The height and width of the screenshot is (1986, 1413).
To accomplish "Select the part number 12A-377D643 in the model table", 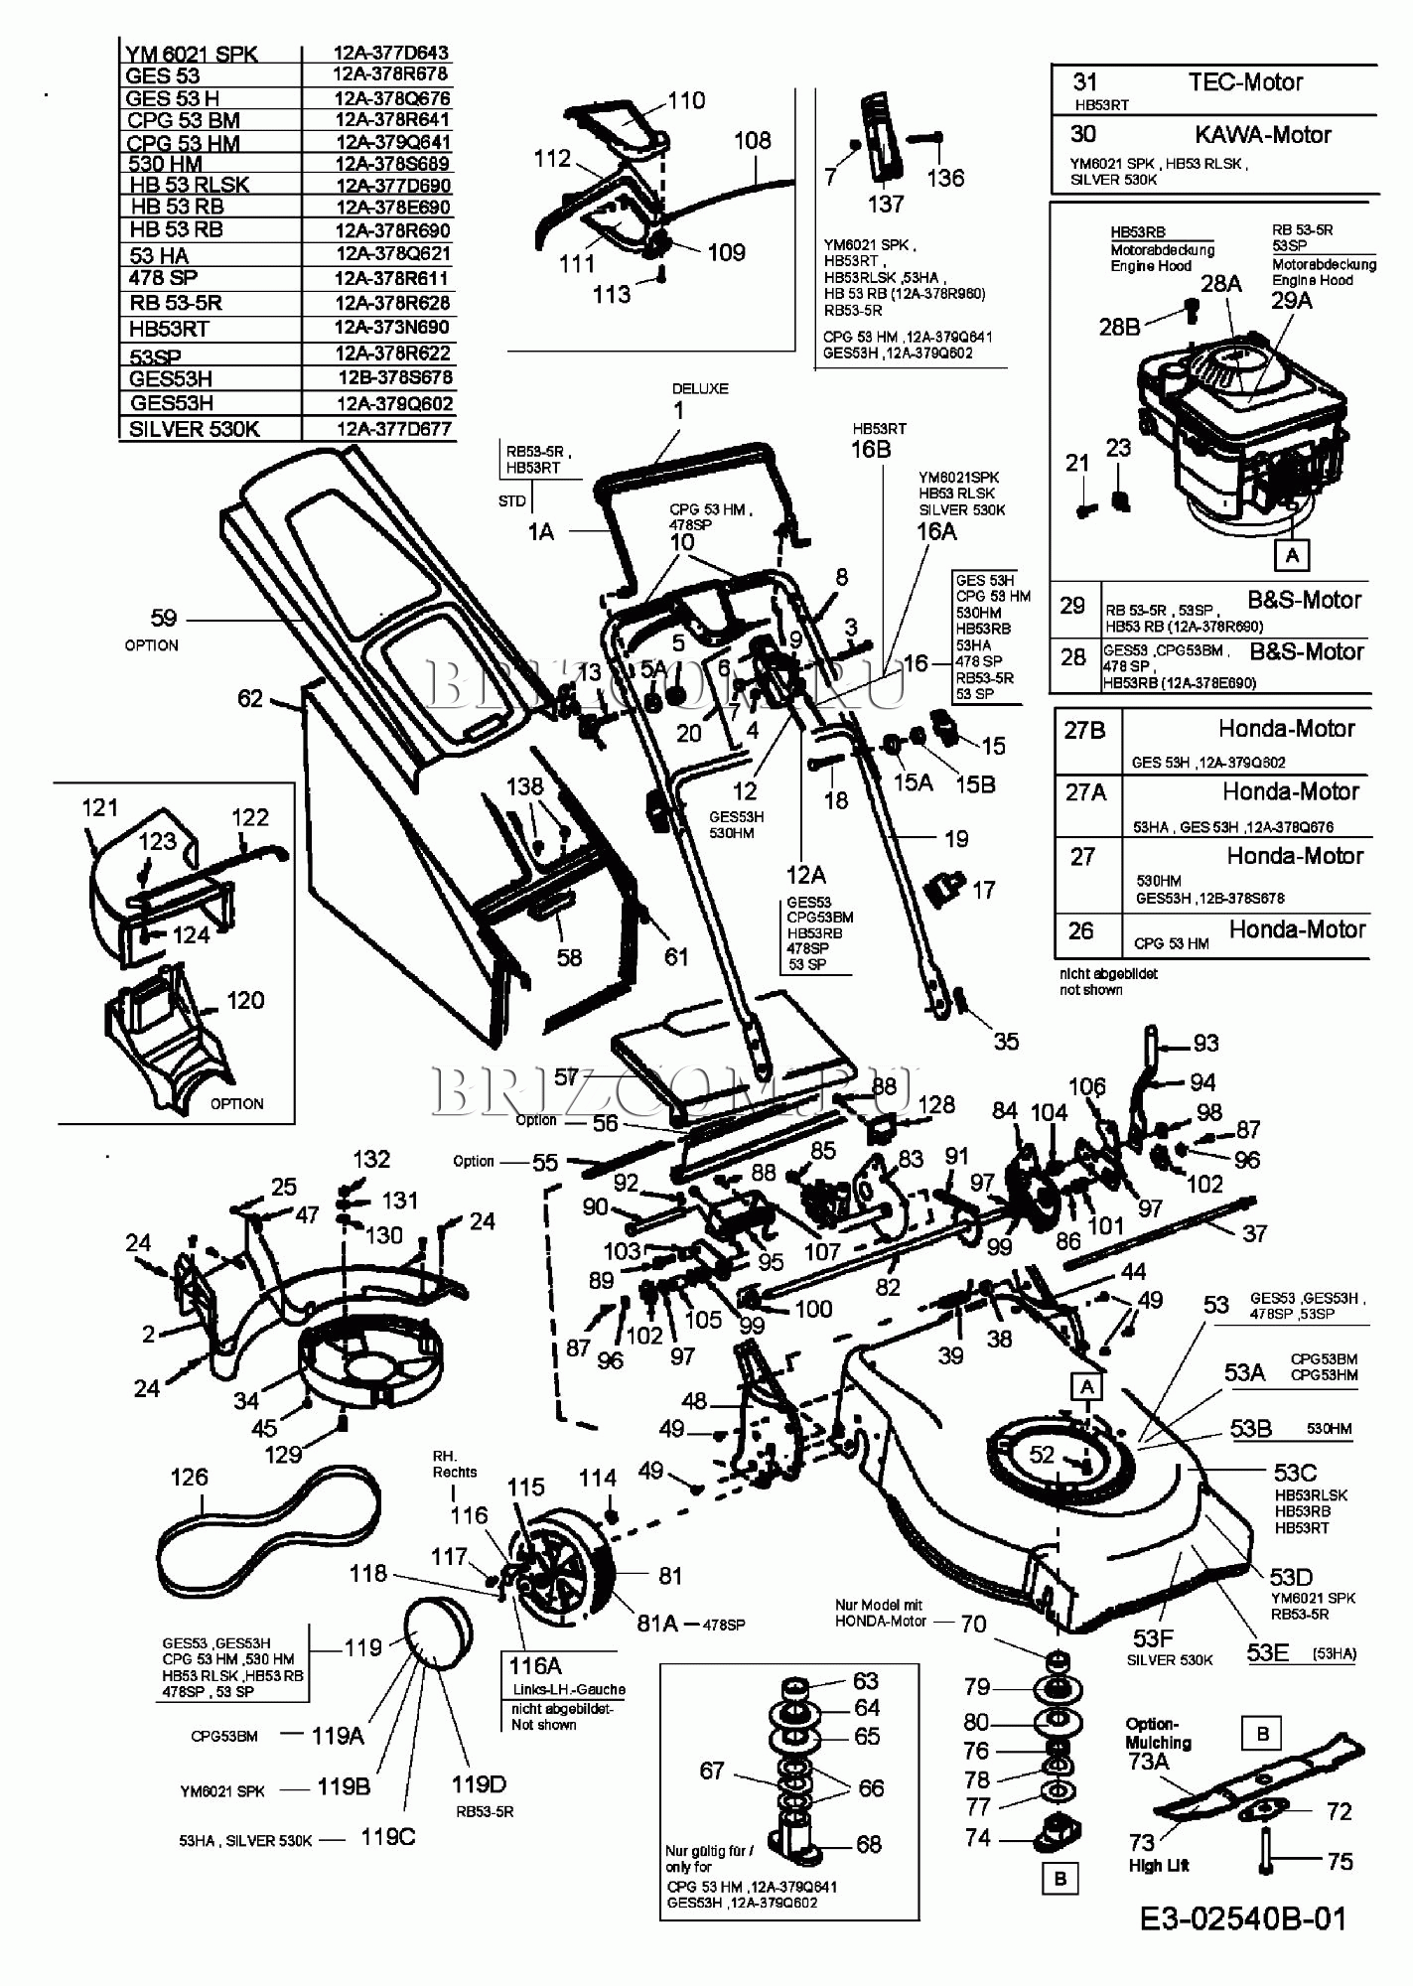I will [x=390, y=53].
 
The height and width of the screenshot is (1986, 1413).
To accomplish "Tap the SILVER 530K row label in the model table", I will [x=194, y=429].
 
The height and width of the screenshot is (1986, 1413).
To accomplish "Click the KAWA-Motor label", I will [x=1262, y=135].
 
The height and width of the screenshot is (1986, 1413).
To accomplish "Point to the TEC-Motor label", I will [x=1245, y=82].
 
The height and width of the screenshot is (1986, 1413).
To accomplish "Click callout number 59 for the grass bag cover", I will [x=163, y=618].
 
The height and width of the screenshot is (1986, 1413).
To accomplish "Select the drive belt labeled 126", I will [x=268, y=1527].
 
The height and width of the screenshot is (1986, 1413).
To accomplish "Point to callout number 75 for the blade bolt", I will [x=1340, y=1861].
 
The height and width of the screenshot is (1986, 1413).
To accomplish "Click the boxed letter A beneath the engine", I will [x=1292, y=554].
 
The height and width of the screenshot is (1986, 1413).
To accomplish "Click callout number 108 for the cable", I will [x=752, y=141].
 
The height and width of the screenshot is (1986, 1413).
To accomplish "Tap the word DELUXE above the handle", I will [x=700, y=388].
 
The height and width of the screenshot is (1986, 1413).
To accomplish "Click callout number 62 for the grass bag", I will [x=250, y=699].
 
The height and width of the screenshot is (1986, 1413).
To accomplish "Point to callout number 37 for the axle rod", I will [x=1255, y=1232].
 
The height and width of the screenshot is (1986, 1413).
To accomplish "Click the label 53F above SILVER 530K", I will [x=1152, y=1638].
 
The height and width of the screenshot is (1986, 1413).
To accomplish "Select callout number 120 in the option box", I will [x=245, y=1000].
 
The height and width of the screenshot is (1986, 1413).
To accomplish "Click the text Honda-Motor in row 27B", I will [x=1286, y=729].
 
